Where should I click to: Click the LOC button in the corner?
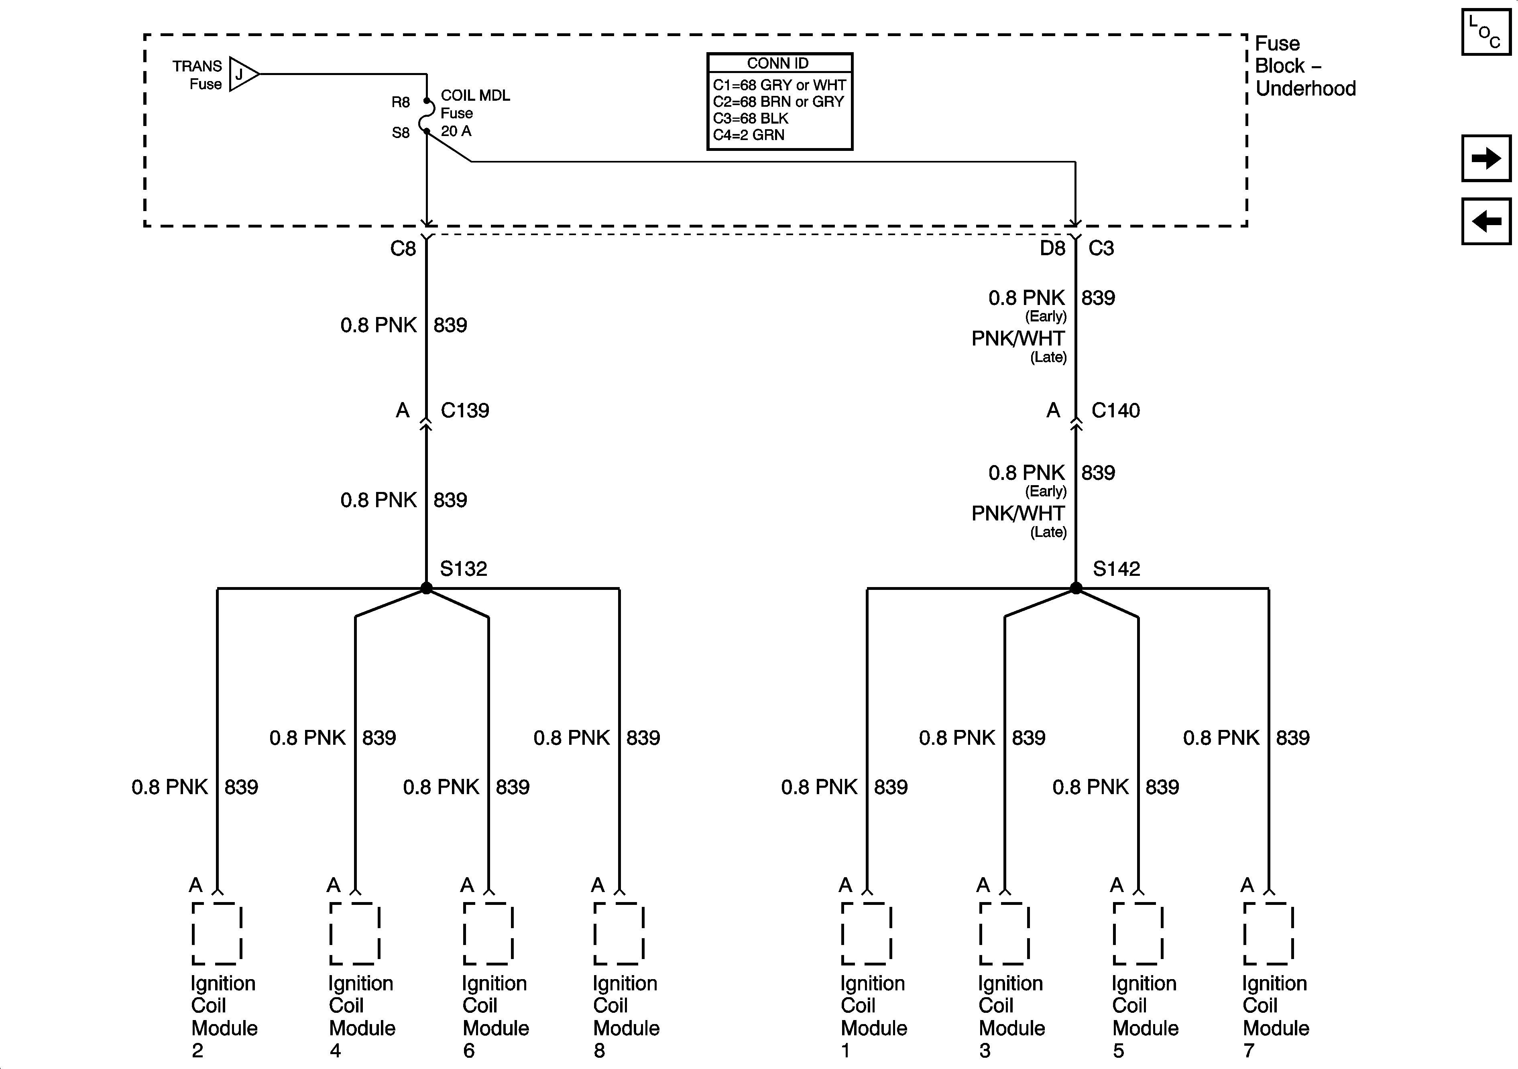point(1485,32)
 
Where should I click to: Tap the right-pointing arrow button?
point(1485,158)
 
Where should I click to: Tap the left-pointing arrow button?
point(1485,221)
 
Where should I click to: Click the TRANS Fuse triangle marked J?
point(242,74)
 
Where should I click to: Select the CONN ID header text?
point(778,63)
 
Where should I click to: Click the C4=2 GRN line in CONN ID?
point(749,135)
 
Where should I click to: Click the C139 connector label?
point(465,411)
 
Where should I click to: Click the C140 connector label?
point(1115,411)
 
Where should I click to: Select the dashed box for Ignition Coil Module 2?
point(217,933)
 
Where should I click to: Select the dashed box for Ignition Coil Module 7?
point(1268,933)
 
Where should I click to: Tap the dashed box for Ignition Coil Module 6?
point(488,933)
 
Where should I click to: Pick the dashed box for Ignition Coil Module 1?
point(866,933)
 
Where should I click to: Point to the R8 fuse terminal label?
point(401,102)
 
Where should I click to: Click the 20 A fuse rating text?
point(456,131)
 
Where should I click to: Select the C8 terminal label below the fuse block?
point(403,248)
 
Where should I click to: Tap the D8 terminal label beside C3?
point(1052,248)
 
